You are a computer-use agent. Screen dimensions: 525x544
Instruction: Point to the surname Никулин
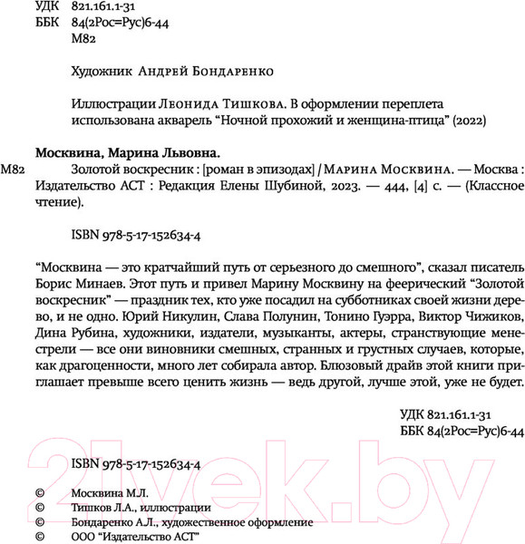coord(160,318)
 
